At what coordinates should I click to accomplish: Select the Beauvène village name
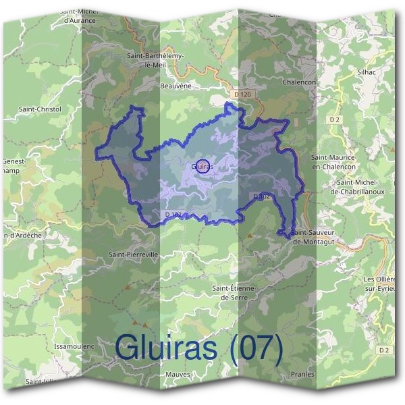pos(177,86)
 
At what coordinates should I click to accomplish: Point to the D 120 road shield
pos(244,94)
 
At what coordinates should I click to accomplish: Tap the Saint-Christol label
pos(40,109)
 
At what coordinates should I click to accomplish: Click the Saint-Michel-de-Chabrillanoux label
pos(357,186)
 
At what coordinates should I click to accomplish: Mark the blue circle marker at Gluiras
pos(202,165)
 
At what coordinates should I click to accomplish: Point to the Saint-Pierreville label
pos(133,255)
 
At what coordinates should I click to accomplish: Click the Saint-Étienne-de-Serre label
pos(233,292)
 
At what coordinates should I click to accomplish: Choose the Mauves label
pos(178,373)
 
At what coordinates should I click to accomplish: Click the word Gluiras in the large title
pos(166,348)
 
